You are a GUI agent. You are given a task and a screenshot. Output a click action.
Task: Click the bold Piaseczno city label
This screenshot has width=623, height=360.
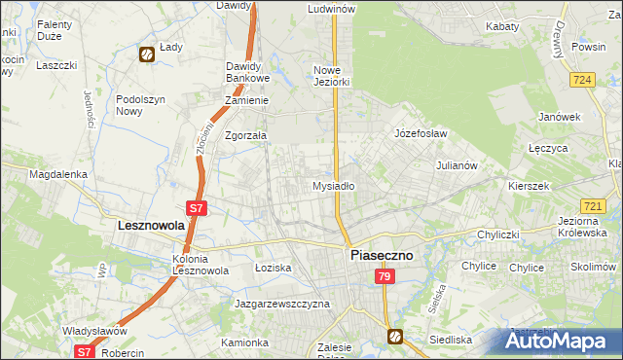tap(381, 255)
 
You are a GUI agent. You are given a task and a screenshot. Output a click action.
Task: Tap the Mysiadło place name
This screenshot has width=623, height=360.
tap(333, 185)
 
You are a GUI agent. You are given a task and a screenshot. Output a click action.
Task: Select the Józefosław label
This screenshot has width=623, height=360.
tap(420, 133)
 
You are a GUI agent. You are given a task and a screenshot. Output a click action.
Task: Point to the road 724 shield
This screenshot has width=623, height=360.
tap(584, 79)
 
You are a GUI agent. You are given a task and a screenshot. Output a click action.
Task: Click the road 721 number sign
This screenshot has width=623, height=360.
tap(594, 206)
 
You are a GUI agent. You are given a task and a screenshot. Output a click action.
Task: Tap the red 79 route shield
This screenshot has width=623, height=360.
tap(385, 278)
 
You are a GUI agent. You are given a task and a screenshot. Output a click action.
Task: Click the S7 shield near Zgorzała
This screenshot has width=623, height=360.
tap(196, 207)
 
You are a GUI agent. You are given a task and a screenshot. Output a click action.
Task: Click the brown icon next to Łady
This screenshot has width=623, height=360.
tap(145, 55)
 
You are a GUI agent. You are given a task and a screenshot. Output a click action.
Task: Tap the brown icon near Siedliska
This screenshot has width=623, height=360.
tap(395, 337)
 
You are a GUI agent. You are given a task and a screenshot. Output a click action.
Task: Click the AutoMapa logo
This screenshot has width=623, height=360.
tap(562, 341)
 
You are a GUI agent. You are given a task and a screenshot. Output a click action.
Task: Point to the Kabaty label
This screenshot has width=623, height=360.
tap(502, 27)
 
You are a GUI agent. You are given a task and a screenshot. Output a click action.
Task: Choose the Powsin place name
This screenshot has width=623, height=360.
tap(590, 46)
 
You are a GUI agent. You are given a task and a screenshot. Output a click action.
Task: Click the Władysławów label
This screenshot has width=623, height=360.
tap(94, 331)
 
